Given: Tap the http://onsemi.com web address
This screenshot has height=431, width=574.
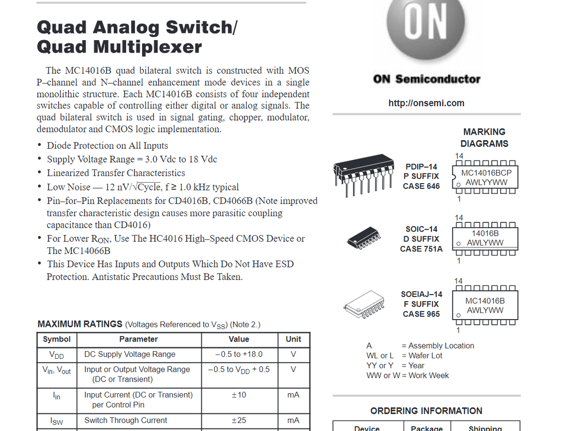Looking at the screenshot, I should click(x=426, y=103).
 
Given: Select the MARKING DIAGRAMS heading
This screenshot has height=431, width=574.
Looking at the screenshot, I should click(x=484, y=138).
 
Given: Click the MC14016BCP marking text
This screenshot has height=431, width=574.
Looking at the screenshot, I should click(x=486, y=173).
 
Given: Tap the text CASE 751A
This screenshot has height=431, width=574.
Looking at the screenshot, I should click(x=421, y=249).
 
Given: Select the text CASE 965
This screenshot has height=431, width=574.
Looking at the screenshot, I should click(x=421, y=314).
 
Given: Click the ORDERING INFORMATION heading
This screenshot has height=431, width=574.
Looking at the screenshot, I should click(x=426, y=411).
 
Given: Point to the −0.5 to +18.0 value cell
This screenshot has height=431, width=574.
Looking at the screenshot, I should click(x=239, y=354).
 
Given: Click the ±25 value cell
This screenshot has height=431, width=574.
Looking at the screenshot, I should click(x=239, y=420).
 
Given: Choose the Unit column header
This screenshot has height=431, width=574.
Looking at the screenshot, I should click(x=293, y=339).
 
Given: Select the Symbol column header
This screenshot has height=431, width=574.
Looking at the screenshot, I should click(x=56, y=339).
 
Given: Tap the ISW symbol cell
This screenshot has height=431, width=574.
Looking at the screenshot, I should click(x=56, y=421).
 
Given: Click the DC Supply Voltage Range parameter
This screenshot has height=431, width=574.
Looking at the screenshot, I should click(x=130, y=354).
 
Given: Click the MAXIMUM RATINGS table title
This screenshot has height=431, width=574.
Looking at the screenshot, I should click(x=80, y=324).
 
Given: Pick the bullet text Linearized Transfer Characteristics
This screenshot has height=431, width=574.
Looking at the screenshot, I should click(x=116, y=173).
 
